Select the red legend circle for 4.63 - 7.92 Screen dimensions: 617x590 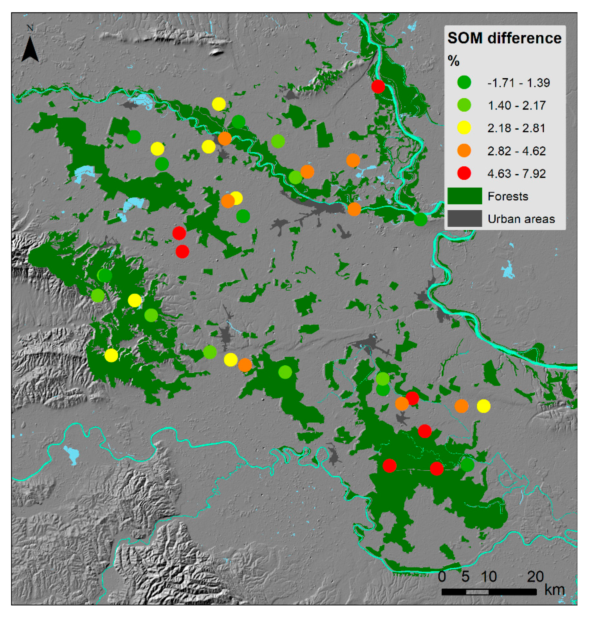coord(464,173)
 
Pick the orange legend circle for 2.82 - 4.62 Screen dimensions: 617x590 coord(464,151)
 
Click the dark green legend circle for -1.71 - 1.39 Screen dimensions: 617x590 coord(464,82)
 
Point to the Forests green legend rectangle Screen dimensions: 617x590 coord(464,196)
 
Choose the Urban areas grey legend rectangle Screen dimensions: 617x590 coord(464,218)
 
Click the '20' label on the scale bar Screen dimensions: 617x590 coord(535,577)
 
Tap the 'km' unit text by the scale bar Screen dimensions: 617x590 coord(554,590)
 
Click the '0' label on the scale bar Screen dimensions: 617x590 coord(442,577)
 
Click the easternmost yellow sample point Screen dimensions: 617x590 coord(483,406)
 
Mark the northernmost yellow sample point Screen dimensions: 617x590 coord(219,104)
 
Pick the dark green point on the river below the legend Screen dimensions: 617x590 coord(420,219)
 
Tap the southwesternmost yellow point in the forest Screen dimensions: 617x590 coord(111,355)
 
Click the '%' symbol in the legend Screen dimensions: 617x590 coord(453,61)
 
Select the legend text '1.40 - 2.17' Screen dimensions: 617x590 coord(516,106)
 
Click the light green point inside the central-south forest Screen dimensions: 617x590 coord(285,372)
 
